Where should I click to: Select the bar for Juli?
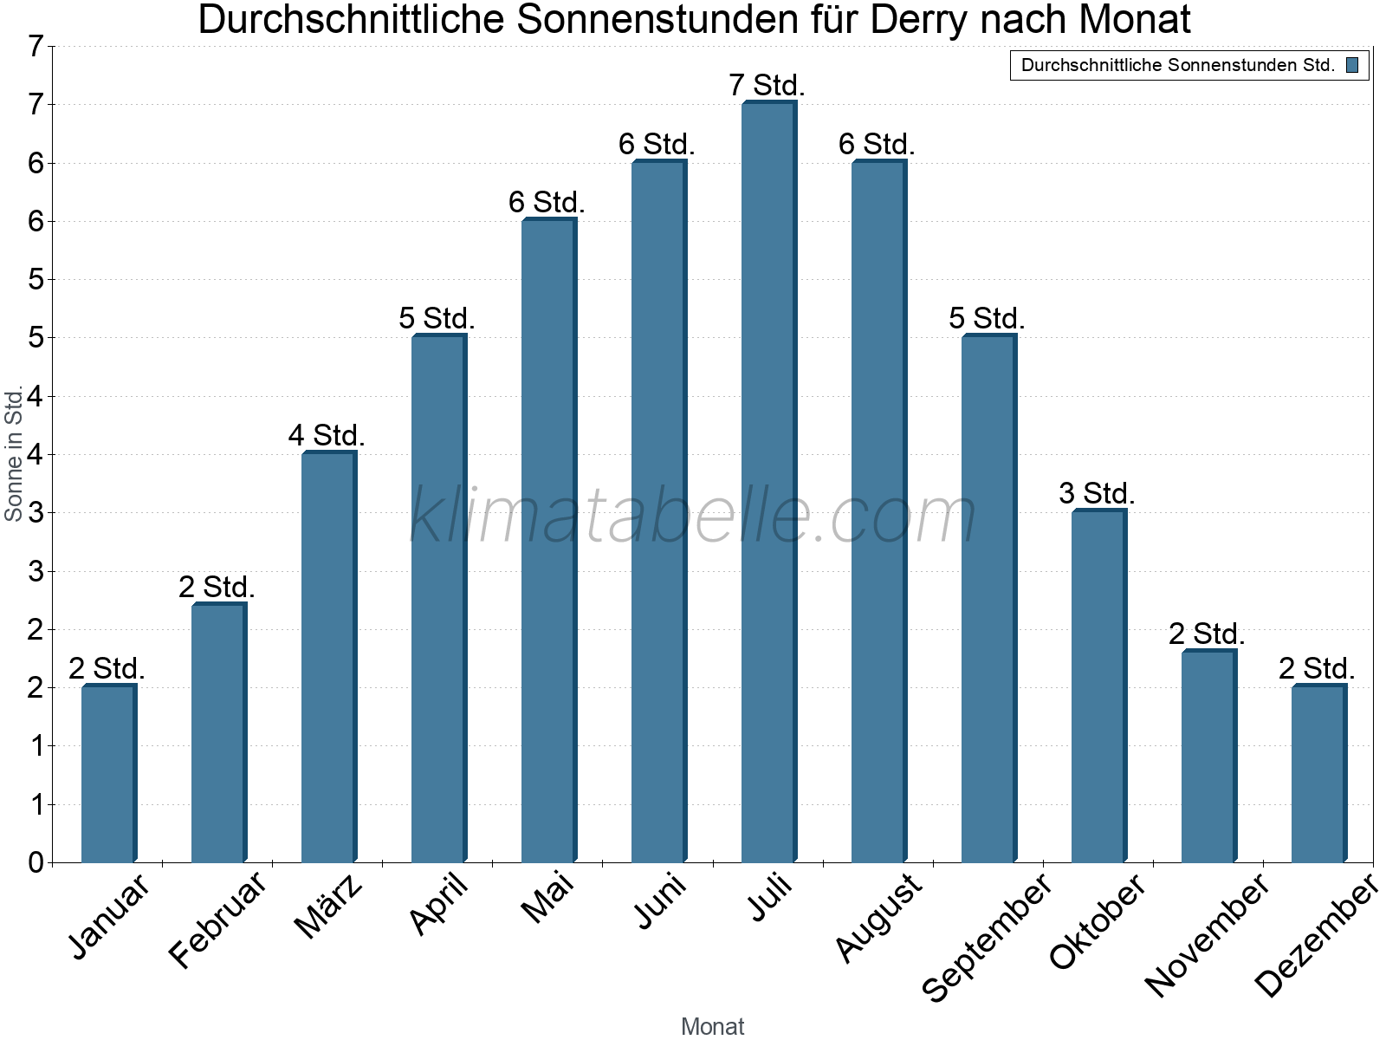[x=768, y=482]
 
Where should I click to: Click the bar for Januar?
[x=108, y=774]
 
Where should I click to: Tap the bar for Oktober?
[x=1098, y=686]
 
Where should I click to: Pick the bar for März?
[x=328, y=657]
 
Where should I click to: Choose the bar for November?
[x=1208, y=757]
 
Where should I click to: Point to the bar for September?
[x=988, y=599]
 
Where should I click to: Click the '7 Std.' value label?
[x=767, y=86]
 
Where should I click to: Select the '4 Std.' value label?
[x=327, y=435]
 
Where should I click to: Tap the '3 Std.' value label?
[x=1097, y=493]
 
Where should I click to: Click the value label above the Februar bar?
[x=217, y=587]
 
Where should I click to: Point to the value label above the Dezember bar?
[x=1317, y=668]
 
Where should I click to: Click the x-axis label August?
[x=878, y=916]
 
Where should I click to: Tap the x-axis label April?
[x=438, y=903]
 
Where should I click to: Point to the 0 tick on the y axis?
[x=36, y=862]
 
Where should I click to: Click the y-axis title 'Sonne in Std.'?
[x=14, y=453]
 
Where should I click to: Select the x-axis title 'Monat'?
[x=712, y=1026]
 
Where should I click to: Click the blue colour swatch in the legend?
[x=1352, y=65]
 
